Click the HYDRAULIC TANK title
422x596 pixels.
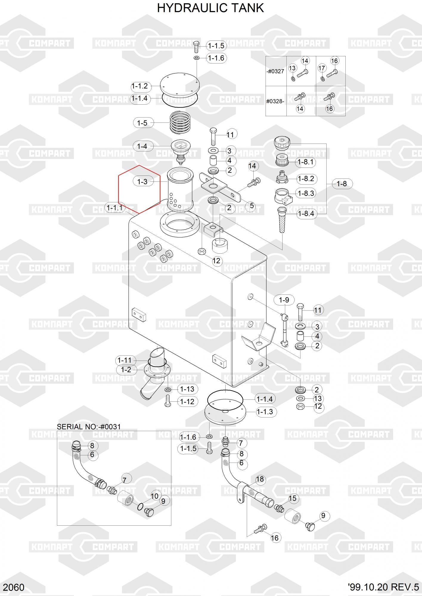pyautogui.click(x=210, y=8)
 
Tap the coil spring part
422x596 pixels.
pyautogui.click(x=180, y=122)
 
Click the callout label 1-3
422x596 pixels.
pyautogui.click(x=142, y=181)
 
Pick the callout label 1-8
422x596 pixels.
pyautogui.click(x=342, y=184)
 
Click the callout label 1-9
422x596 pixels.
pyautogui.click(x=284, y=300)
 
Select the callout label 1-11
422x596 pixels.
pyautogui.click(x=125, y=360)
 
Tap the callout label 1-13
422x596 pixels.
pyautogui.click(x=187, y=389)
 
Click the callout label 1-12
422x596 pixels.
pyautogui.click(x=187, y=402)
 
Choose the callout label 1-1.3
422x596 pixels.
pyautogui.click(x=265, y=412)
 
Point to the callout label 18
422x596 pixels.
pyautogui.click(x=260, y=479)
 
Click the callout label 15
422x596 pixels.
pyautogui.click(x=293, y=498)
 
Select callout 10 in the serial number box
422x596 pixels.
pyautogui.click(x=155, y=496)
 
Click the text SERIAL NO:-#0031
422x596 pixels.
pyautogui.click(x=89, y=427)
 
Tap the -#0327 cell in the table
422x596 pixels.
pyautogui.click(x=275, y=72)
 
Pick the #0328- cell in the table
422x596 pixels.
pyautogui.click(x=275, y=101)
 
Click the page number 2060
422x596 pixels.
pyautogui.click(x=14, y=587)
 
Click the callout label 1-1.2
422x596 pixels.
pyautogui.click(x=140, y=86)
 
